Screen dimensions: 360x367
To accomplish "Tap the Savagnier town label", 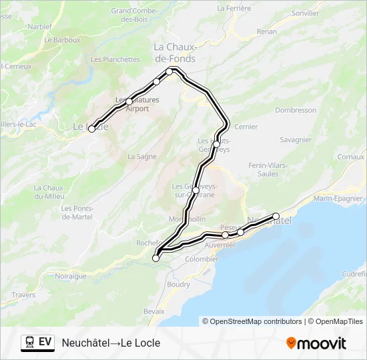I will [296, 139].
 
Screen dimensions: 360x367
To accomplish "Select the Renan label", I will [266, 31].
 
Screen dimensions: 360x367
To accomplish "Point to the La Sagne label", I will [141, 157].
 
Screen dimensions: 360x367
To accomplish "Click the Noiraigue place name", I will [71, 275].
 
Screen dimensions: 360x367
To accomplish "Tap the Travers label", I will [23, 294].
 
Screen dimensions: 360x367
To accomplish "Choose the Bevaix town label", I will [153, 311].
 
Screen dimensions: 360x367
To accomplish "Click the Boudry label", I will [178, 284].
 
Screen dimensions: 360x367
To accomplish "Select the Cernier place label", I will [246, 127].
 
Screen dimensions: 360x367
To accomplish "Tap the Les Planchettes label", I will [115, 59].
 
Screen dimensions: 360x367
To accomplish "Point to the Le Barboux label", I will [62, 40].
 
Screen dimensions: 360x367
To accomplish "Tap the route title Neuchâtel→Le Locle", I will [111, 343].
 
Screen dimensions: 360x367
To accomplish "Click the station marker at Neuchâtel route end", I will [276, 216].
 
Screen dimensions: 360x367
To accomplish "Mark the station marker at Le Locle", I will [91, 129].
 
